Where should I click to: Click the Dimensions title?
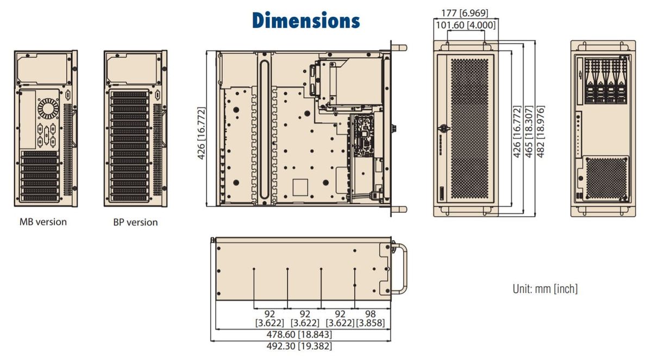(x=306, y=20)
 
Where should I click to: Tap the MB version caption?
(x=43, y=222)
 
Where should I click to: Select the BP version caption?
(x=135, y=223)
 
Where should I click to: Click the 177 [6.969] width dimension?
(x=465, y=13)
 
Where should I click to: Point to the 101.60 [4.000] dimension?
(x=466, y=26)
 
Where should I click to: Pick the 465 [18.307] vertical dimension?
(x=529, y=132)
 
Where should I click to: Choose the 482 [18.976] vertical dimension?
(x=541, y=132)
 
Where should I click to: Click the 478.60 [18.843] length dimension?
(x=299, y=334)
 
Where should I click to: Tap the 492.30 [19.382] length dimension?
(x=299, y=346)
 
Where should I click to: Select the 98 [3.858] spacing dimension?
(x=371, y=318)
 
